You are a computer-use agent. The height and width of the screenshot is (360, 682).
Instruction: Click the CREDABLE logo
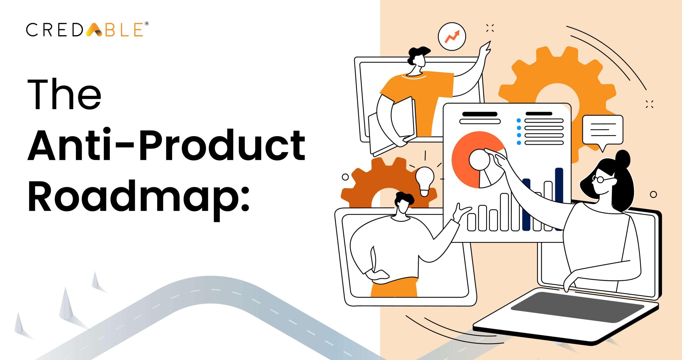pos(85,30)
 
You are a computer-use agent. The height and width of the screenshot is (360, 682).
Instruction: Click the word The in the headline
pos(64,94)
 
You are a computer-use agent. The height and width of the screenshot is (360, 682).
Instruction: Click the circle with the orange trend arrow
pos(452,37)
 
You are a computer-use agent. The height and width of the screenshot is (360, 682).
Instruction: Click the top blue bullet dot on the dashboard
pos(518,120)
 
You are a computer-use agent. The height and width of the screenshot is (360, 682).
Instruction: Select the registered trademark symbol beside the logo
pos(147,24)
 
